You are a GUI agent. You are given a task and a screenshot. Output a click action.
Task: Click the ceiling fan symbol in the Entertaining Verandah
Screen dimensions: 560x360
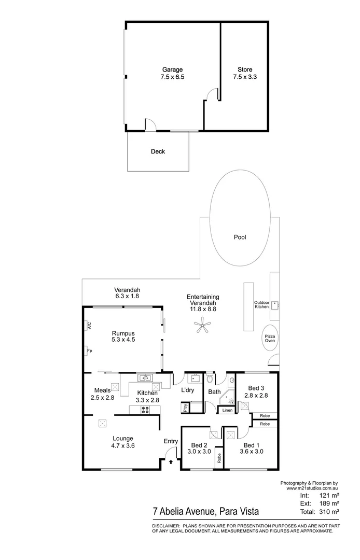tap(202, 326)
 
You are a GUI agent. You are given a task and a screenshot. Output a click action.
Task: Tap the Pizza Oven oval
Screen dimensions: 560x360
tap(270, 339)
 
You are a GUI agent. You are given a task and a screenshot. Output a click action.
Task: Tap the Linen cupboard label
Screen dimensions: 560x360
tap(227, 410)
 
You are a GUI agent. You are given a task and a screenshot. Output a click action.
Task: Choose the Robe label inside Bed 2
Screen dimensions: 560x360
tap(219, 458)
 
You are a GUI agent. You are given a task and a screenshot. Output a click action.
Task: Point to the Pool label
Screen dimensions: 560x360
tap(240, 237)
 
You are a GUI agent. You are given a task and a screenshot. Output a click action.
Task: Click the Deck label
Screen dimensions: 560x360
tap(158, 152)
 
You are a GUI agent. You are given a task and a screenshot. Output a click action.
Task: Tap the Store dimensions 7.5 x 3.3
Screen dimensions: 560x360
tap(245, 77)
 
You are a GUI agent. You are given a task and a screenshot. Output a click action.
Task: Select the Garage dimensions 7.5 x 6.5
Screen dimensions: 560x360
tap(172, 77)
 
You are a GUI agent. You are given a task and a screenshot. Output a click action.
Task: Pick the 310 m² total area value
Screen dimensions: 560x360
tap(328, 512)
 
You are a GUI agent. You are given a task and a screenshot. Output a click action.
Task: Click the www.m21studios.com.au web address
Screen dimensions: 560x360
tap(312, 488)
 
